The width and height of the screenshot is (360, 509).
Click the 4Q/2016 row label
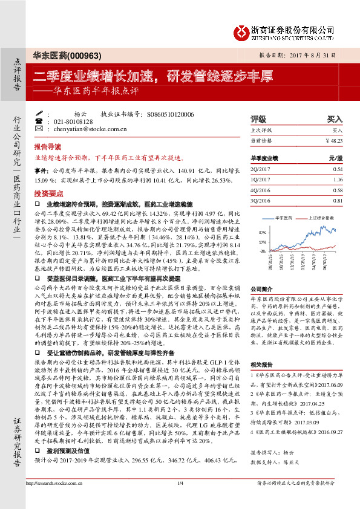point(260,190)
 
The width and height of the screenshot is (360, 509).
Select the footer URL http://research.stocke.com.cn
point(52,499)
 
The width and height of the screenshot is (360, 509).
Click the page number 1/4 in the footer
point(180,499)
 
